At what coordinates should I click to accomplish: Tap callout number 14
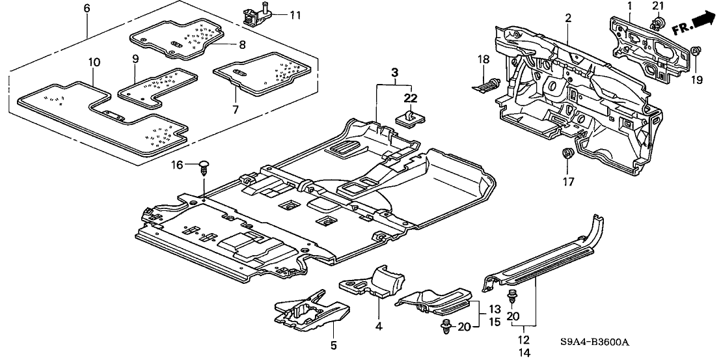click(524, 352)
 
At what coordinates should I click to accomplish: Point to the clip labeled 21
click(657, 25)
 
